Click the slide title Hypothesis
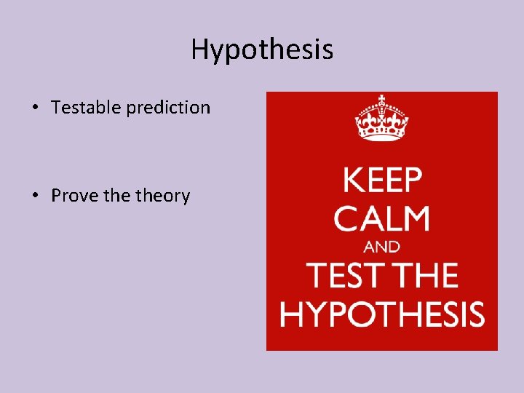pos(262,49)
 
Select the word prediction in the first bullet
pos(168,108)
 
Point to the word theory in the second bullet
pos(163,196)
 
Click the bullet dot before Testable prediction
pos(35,108)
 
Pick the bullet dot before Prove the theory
pos(35,196)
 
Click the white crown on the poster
pos(381,121)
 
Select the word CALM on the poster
pos(382,218)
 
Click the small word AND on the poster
pos(382,247)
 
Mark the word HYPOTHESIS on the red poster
pos(382,314)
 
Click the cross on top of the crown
pos(381,99)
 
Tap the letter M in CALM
pos(416,218)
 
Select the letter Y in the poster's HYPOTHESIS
pos(312,314)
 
